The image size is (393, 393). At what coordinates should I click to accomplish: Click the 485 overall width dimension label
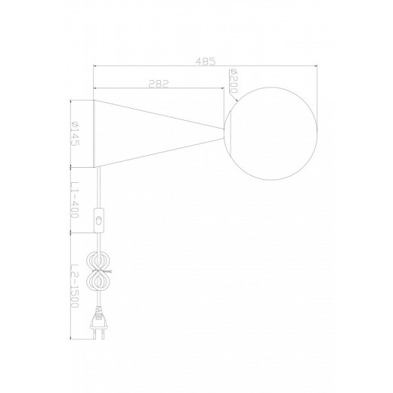[206, 61]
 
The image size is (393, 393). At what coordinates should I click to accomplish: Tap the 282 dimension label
[158, 84]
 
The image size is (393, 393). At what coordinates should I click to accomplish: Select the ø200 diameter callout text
[234, 82]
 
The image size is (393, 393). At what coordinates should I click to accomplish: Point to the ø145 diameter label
[75, 134]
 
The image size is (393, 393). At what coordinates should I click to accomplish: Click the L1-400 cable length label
[75, 200]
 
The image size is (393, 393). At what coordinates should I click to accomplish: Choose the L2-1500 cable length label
[75, 286]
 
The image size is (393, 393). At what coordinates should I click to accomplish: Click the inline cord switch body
[99, 221]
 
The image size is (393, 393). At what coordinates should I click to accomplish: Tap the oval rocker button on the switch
[99, 221]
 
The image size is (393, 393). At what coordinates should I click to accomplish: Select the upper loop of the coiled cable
[98, 260]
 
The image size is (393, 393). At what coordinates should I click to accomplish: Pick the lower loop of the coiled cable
[98, 282]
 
